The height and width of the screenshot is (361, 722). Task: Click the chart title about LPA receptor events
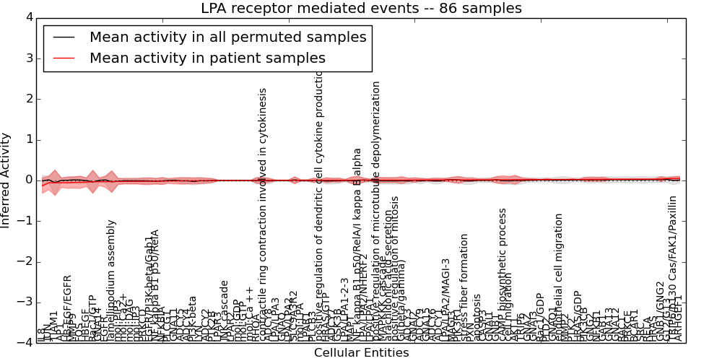[x=361, y=9]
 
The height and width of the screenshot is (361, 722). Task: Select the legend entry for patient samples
[x=207, y=58]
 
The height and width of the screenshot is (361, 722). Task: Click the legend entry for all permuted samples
[x=227, y=37]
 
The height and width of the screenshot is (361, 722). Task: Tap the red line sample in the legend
[x=64, y=58]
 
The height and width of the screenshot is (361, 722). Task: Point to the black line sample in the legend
[x=64, y=37]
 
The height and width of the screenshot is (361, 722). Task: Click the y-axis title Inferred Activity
[x=6, y=180]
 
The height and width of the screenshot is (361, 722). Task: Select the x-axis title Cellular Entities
[x=361, y=353]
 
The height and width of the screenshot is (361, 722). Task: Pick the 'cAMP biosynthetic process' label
[x=503, y=274]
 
